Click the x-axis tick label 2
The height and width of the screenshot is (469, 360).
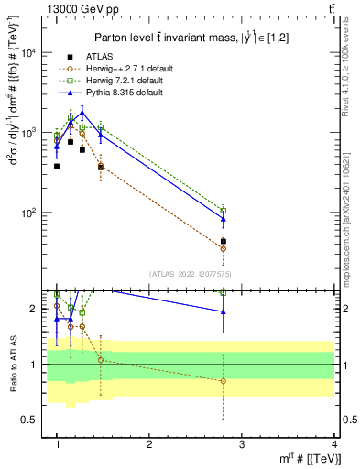click(x=149, y=443)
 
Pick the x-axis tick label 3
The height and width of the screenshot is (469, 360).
click(x=242, y=443)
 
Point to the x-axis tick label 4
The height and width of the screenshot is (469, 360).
click(x=334, y=443)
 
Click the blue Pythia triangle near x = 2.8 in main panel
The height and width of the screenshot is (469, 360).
click(x=224, y=219)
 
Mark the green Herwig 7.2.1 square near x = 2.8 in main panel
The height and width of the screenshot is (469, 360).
click(x=224, y=211)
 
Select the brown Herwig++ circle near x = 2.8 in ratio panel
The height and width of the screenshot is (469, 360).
click(x=224, y=381)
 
